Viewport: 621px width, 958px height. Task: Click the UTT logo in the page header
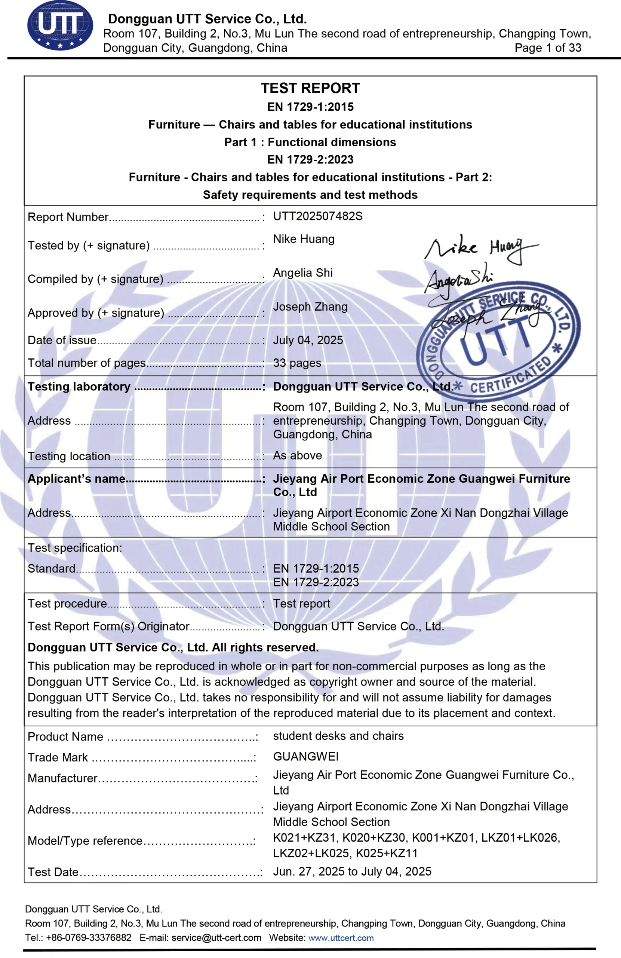[x=60, y=25]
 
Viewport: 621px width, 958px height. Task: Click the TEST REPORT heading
[x=310, y=88]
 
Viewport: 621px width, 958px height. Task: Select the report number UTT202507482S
[x=318, y=216]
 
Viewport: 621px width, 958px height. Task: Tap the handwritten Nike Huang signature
[x=481, y=248]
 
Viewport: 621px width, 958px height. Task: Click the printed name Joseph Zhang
[x=310, y=306]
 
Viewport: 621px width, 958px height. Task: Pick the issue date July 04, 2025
[x=308, y=340]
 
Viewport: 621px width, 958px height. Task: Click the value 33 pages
[x=297, y=363]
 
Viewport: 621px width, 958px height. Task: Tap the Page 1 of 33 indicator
[x=548, y=48]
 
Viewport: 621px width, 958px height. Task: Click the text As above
[x=298, y=455]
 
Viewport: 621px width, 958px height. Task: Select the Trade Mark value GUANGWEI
[x=306, y=756]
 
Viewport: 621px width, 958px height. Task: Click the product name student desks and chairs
[x=338, y=735]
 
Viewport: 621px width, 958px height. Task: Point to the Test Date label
[x=53, y=872]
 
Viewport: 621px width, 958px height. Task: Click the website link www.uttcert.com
[x=341, y=937]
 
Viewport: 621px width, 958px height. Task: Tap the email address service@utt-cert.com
[x=216, y=937]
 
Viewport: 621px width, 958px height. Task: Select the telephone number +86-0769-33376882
[x=89, y=937]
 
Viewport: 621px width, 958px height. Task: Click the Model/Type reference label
[x=85, y=840]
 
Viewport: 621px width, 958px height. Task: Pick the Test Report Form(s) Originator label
[x=108, y=626]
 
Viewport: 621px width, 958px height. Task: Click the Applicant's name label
[x=76, y=479]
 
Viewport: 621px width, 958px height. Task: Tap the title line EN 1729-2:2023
[x=310, y=159]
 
